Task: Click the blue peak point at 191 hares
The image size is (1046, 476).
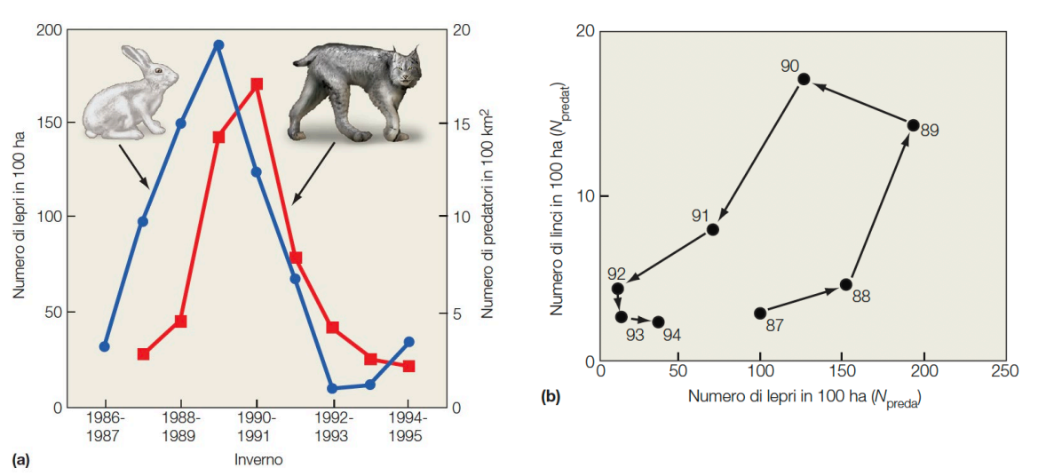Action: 218,44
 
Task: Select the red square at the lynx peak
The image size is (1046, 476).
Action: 257,84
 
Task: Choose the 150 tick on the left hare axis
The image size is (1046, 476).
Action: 50,123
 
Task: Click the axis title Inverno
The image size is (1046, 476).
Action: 258,460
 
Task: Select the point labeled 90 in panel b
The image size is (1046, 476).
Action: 804,79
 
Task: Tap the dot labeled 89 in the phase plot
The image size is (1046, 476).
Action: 913,125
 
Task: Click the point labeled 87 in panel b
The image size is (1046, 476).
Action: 760,313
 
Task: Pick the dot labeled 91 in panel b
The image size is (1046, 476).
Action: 712,229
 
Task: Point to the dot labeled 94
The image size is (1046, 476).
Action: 658,321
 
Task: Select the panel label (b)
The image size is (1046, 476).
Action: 551,397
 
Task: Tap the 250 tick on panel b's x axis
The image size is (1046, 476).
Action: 1004,370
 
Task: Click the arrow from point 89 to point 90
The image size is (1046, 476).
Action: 861,104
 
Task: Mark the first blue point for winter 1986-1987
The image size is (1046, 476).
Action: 105,346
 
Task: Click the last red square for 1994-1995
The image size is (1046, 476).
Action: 409,366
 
